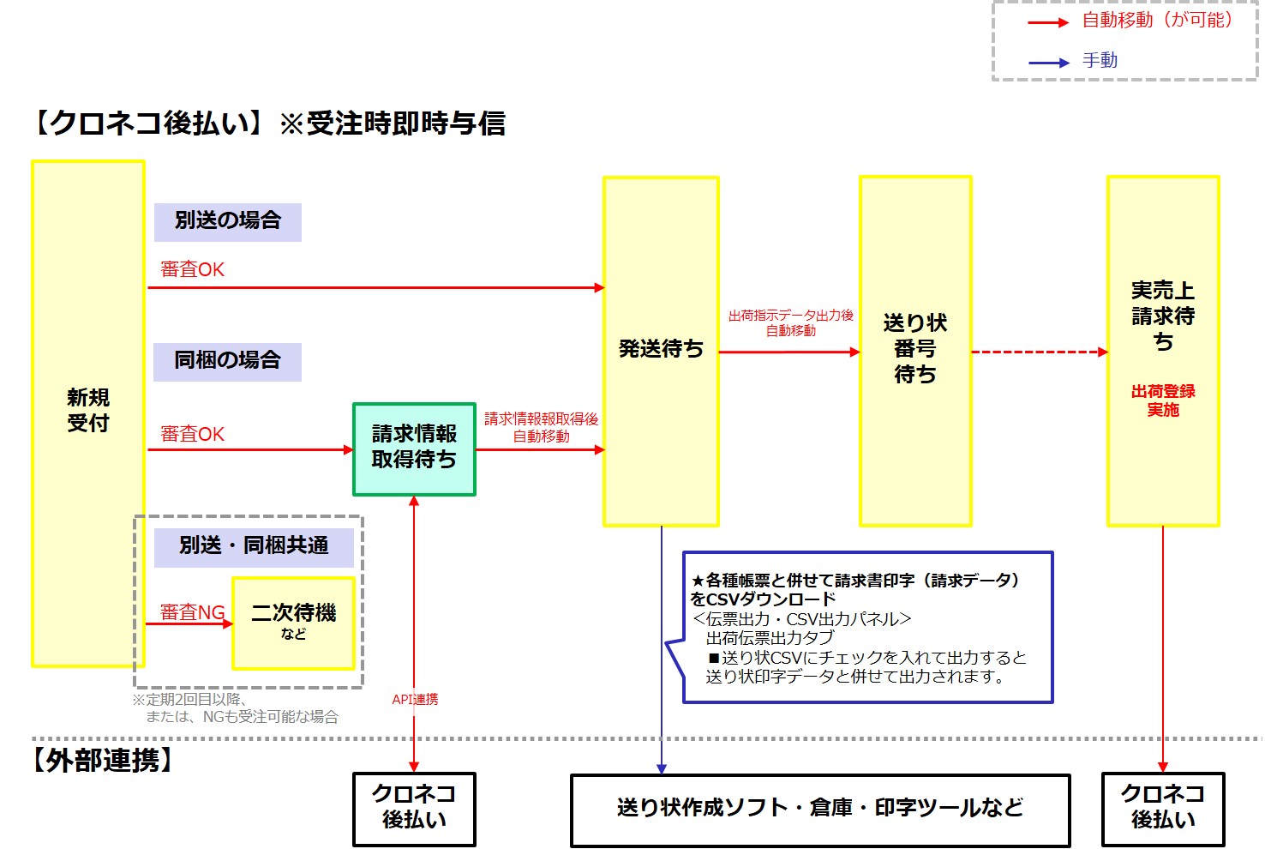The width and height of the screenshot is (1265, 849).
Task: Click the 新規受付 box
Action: click(87, 412)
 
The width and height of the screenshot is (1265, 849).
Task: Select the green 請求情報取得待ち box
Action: click(414, 449)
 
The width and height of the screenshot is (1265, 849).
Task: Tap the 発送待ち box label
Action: click(661, 349)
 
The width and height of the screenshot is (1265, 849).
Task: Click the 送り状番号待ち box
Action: click(914, 350)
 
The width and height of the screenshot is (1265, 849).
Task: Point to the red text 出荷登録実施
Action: click(1162, 400)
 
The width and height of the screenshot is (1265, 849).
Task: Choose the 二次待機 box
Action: click(293, 623)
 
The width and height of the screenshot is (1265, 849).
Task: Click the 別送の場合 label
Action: click(227, 221)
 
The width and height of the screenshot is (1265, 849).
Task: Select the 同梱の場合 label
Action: click(227, 361)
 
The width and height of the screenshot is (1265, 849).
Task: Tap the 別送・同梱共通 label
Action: click(254, 546)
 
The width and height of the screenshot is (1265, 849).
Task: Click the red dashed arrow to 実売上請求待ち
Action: click(1039, 352)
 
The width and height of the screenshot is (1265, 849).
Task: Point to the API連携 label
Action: click(415, 700)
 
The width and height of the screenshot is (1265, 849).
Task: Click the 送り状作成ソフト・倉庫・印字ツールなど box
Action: click(819, 809)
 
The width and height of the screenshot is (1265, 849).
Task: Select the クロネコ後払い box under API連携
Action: click(414, 809)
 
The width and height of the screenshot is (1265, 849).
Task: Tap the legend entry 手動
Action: click(1100, 61)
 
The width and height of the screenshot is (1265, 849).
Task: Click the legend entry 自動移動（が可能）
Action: click(1157, 21)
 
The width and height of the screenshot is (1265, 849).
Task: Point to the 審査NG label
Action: click(193, 612)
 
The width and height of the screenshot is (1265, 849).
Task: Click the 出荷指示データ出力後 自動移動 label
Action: click(790, 322)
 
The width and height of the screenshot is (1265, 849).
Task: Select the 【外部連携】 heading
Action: click(103, 761)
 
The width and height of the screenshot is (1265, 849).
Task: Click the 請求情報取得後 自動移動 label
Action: click(541, 427)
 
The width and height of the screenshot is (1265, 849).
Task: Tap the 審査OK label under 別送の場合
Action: click(193, 269)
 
